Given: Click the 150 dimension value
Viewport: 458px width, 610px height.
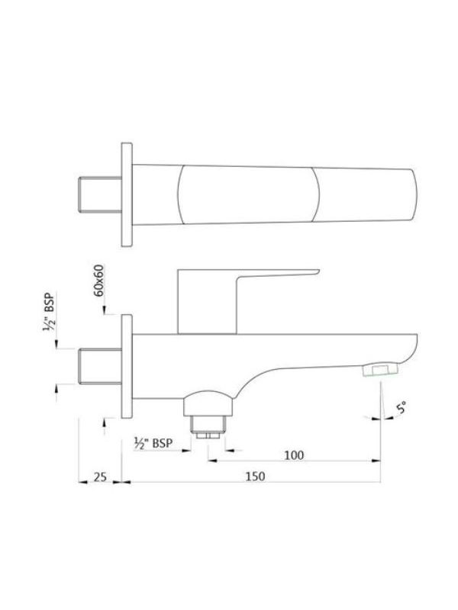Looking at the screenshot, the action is click(255, 476).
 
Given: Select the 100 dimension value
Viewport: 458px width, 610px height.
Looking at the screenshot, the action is click(294, 454).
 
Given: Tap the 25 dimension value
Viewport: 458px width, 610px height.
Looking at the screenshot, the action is click(100, 477).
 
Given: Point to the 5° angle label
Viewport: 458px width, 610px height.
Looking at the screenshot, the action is click(402, 408).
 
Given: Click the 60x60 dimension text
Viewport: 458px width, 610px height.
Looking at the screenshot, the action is click(100, 281).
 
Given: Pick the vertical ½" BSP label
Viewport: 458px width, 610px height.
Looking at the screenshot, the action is click(50, 312).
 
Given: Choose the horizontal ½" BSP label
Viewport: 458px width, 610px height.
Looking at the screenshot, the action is click(153, 443).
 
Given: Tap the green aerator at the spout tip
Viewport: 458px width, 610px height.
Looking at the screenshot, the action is click(380, 370).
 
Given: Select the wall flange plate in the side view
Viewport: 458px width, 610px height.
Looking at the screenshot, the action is click(127, 366).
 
